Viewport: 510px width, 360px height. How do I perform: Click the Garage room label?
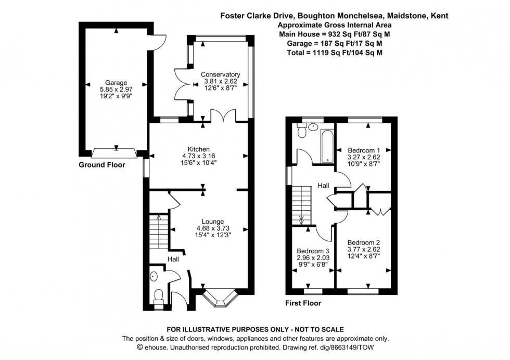point(116,83)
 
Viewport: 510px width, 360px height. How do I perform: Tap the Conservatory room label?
point(220,74)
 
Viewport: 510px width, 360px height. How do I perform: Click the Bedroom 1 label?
point(363,149)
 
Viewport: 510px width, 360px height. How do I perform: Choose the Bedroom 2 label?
point(363,243)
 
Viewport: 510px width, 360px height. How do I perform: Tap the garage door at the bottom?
point(114,153)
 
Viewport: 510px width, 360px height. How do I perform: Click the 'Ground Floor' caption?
point(101,165)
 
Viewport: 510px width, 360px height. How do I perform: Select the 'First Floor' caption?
point(302,303)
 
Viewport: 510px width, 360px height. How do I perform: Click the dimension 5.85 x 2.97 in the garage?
point(116,89)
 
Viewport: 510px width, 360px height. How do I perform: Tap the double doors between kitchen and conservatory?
point(224,116)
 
